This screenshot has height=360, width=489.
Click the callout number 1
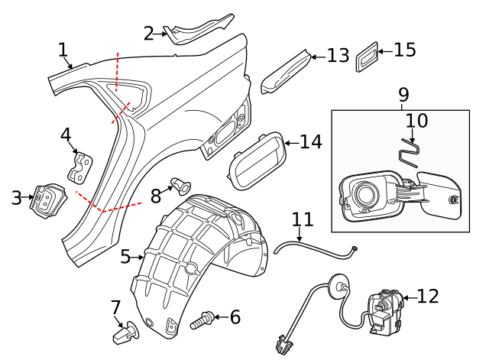pos(63,50)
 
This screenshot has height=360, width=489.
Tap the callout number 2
pos(149,32)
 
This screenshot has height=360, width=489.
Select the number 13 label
pos(338,56)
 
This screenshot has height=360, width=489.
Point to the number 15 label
pos(405,50)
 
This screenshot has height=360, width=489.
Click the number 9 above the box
pos(403,95)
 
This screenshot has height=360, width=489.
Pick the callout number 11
pos(303,219)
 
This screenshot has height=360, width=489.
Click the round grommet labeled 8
pos(180,184)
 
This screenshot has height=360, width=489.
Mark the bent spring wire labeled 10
pos(410,151)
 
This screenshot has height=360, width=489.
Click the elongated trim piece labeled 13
pos(287,70)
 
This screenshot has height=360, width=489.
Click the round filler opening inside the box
pos(364,193)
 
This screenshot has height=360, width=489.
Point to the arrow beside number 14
pos(290,142)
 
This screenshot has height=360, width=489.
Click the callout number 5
pos(126,257)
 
